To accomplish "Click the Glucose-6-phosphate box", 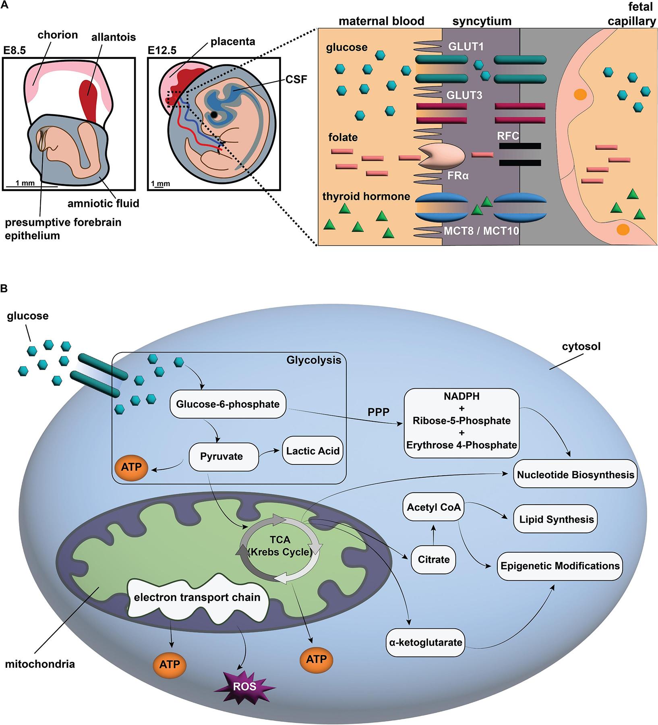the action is click(x=228, y=404).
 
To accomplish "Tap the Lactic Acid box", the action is click(x=313, y=451).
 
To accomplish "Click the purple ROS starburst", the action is click(x=244, y=686).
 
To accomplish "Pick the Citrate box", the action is click(x=434, y=559).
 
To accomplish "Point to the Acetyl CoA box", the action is click(x=434, y=507).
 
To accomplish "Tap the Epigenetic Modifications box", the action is click(x=560, y=566).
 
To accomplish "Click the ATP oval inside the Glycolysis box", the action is click(x=131, y=468).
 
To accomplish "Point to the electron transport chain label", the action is click(x=197, y=597).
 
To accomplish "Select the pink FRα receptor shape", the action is click(x=442, y=155).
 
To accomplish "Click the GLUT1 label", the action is click(x=466, y=47).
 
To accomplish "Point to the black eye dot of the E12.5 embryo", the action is click(x=215, y=115).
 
